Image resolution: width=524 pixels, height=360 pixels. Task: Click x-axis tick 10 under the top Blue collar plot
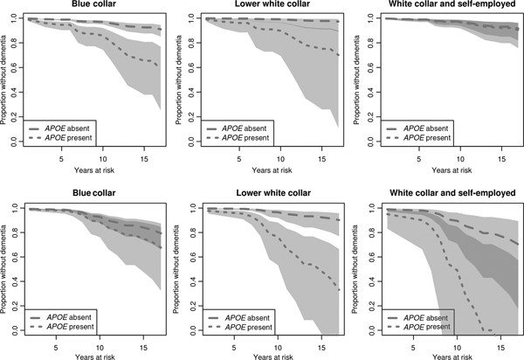pyautogui.click(x=101, y=158)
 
